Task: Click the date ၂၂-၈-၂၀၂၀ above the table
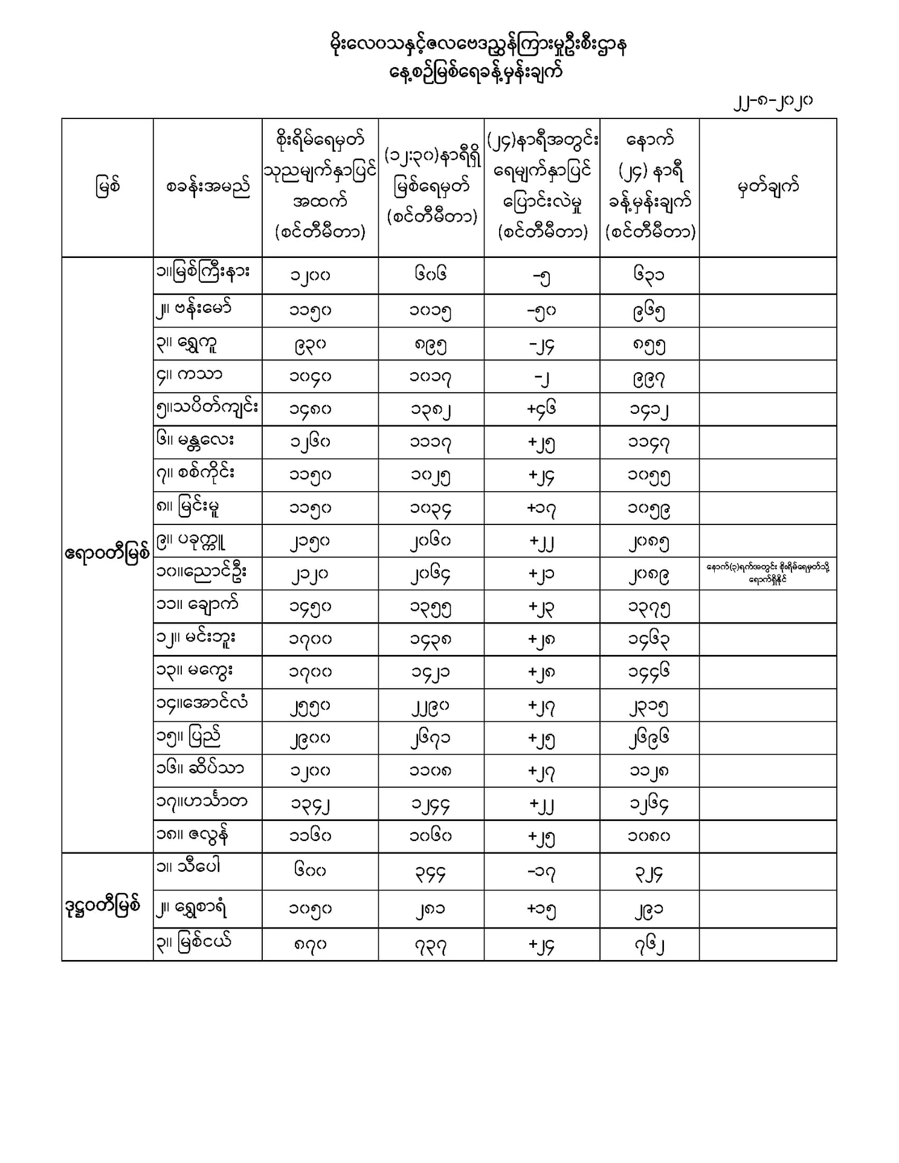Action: pos(773,101)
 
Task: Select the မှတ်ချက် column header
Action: pos(768,187)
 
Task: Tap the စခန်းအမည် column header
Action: pos(207,187)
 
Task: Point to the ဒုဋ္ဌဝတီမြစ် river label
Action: pos(103,906)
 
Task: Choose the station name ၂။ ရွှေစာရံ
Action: pos(192,908)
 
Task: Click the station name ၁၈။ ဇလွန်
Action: pos(192,836)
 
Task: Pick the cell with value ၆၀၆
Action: pos(431,275)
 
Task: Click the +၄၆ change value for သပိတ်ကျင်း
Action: pos(541,409)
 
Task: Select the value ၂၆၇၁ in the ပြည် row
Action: pos(431,738)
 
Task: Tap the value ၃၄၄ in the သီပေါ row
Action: pos(431,872)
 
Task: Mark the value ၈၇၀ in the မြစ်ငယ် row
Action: pos(310,944)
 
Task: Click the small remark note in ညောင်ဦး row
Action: pos(767,573)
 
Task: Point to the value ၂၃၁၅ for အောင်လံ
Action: pos(649,705)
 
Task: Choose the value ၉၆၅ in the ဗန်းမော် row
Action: pos(649,311)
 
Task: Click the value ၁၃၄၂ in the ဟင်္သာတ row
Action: pos(310,804)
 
